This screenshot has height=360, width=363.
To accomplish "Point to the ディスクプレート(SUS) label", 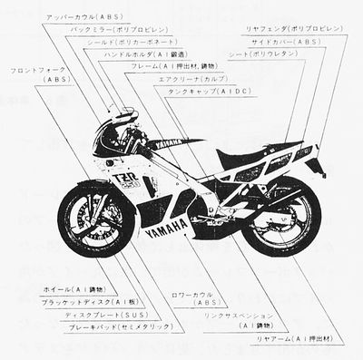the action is [95, 314].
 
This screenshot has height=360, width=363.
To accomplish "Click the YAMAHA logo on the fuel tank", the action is [168, 143].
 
